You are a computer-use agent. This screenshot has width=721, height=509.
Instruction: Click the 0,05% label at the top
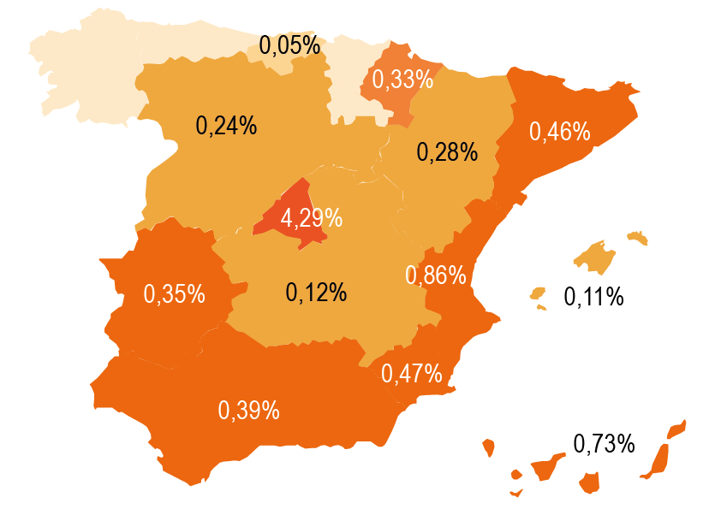click(x=289, y=45)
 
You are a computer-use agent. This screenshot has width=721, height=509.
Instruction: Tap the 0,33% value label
click(x=402, y=80)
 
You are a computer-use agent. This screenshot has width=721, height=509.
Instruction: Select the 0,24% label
click(x=226, y=125)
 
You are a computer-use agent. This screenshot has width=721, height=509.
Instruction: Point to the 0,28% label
click(x=447, y=152)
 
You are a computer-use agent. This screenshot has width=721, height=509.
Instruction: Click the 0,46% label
click(x=560, y=131)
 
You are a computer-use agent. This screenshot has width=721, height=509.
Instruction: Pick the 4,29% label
click(x=312, y=218)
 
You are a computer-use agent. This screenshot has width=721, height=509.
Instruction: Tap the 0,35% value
click(x=174, y=293)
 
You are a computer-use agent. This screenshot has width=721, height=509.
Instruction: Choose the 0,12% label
click(x=316, y=293)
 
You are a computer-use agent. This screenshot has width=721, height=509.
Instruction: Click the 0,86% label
click(x=435, y=275)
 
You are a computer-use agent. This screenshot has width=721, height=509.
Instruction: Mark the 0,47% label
click(x=411, y=374)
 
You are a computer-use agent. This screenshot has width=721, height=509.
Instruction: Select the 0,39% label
click(x=249, y=411)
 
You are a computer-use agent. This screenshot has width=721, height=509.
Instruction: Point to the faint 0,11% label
click(x=593, y=298)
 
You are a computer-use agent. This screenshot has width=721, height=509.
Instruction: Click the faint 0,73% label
click(x=605, y=443)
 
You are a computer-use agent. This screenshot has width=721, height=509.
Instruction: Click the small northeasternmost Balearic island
click(x=638, y=236)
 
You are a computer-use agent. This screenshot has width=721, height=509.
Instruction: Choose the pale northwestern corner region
click(x=81, y=73)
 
